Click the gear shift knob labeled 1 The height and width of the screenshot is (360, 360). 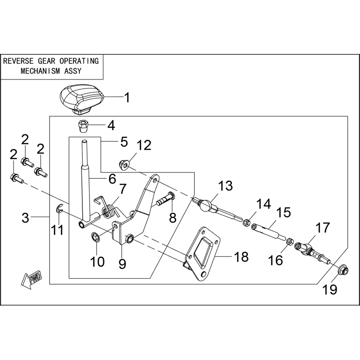pyautogui.click(x=81, y=99)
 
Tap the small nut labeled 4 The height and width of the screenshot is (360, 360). pyautogui.click(x=82, y=126)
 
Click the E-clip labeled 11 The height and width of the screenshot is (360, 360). pyautogui.click(x=59, y=209)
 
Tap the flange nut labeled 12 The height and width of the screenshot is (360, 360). pyautogui.click(x=124, y=164)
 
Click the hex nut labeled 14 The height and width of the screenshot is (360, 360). pyautogui.click(x=246, y=222)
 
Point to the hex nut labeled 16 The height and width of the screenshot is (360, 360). pyautogui.click(x=290, y=241)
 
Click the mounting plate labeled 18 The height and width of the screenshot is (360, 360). pyautogui.click(x=201, y=255)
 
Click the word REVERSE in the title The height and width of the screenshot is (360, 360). pyautogui.click(x=19, y=61)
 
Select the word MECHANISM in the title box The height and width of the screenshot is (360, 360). pyautogui.click(x=40, y=71)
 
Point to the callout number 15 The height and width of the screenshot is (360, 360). pyautogui.click(x=283, y=212)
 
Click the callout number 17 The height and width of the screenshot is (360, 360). pyautogui.click(x=322, y=227)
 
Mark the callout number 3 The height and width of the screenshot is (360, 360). pyautogui.click(x=25, y=218)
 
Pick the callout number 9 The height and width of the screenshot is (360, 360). pyautogui.click(x=122, y=264)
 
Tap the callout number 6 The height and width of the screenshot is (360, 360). pyautogui.click(x=112, y=179)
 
